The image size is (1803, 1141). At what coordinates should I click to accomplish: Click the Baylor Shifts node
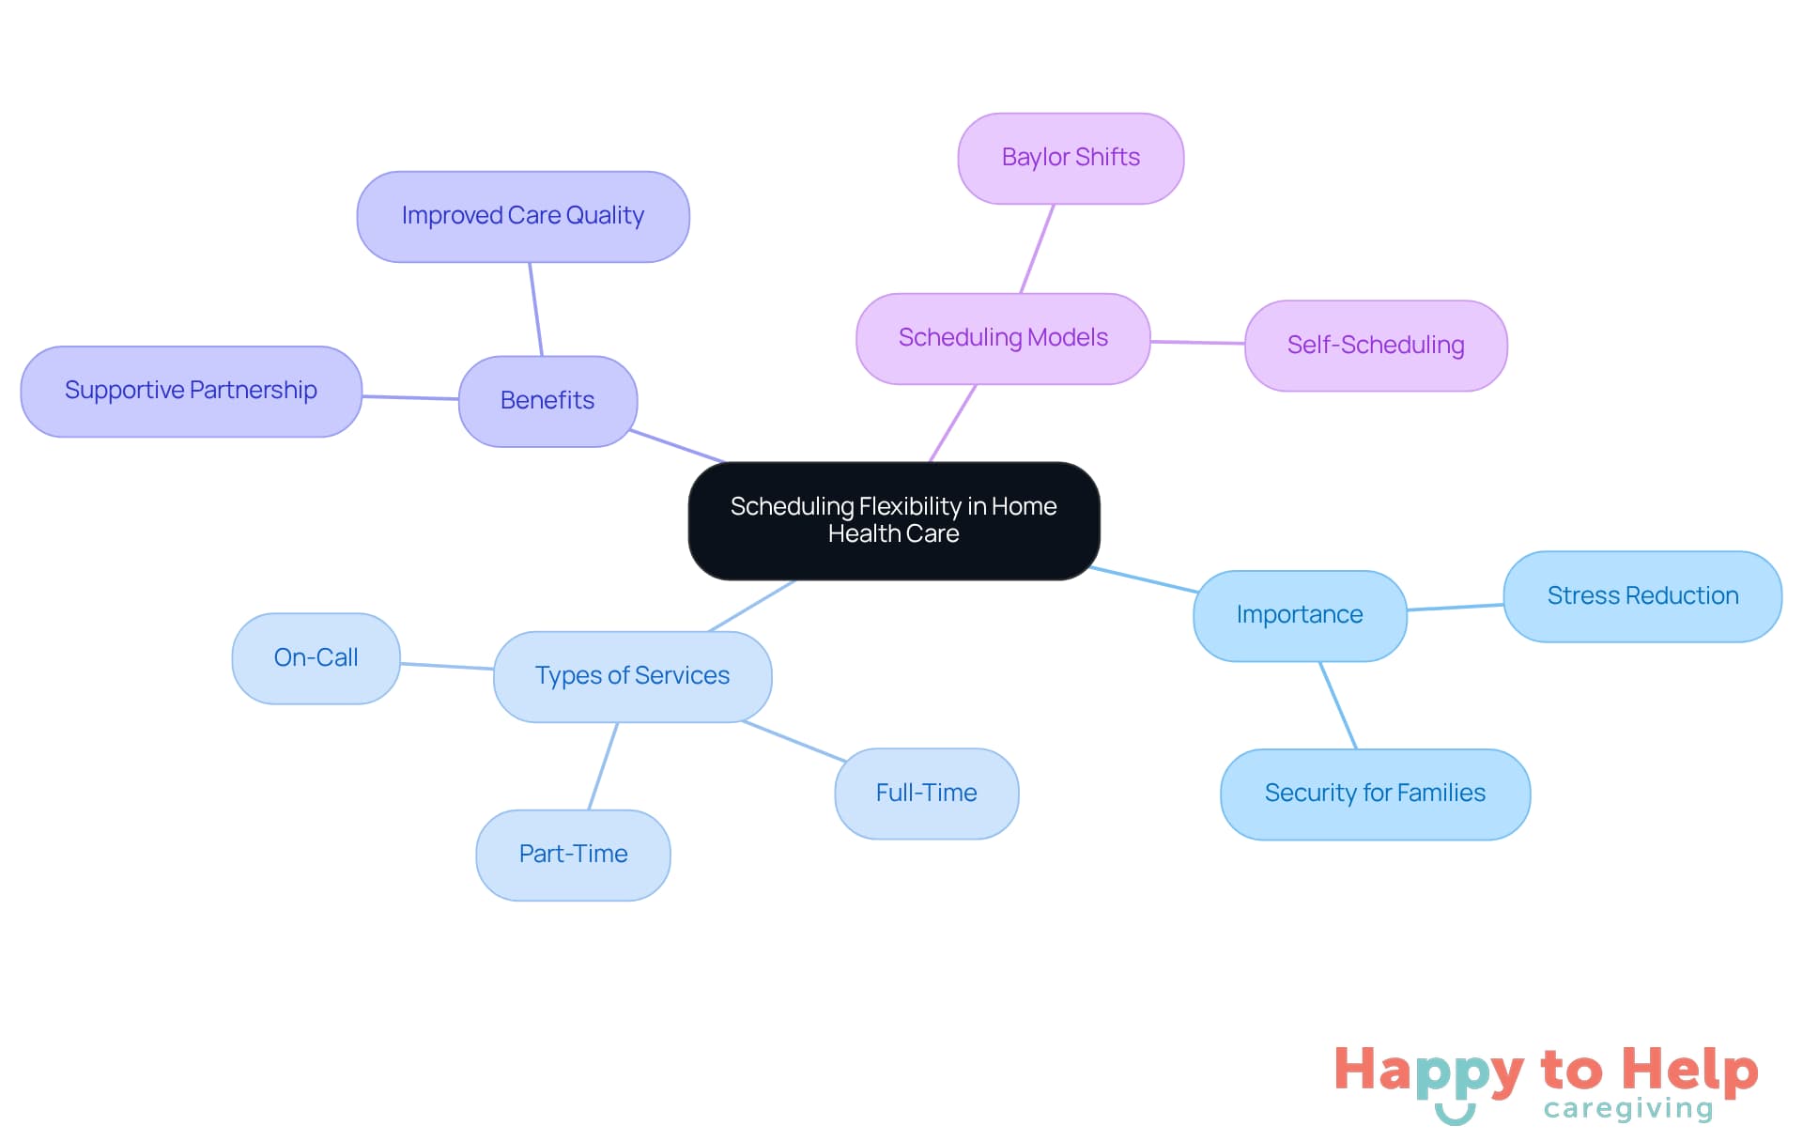(1071, 158)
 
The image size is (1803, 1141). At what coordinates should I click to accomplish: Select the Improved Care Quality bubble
(523, 216)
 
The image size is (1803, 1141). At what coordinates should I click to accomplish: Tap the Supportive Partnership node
(191, 391)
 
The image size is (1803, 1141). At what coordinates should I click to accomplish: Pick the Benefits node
(547, 401)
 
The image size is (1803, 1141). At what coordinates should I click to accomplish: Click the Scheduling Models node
(1003, 338)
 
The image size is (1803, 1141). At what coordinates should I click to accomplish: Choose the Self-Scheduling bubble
(1376, 346)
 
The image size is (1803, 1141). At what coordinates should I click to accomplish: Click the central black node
(893, 520)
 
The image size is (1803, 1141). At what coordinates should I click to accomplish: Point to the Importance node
(1300, 615)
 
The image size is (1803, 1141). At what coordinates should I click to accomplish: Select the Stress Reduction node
(1642, 596)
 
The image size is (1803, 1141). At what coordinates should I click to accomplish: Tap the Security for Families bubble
(1375, 794)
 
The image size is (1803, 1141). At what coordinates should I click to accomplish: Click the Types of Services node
(632, 676)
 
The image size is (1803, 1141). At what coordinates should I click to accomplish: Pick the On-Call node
(316, 658)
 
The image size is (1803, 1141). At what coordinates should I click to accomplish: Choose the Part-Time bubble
(573, 855)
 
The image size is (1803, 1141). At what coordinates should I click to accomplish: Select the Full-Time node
(926, 794)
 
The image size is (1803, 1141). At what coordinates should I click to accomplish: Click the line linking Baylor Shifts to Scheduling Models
(1038, 249)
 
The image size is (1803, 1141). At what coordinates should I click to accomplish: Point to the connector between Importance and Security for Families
(1338, 705)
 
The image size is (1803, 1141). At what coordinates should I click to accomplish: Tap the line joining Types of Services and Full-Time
(794, 741)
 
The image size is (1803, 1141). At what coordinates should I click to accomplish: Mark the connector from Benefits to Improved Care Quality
(536, 309)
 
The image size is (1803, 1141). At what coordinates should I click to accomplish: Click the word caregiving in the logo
(1628, 1109)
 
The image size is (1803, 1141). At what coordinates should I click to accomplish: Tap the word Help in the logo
(1690, 1070)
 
